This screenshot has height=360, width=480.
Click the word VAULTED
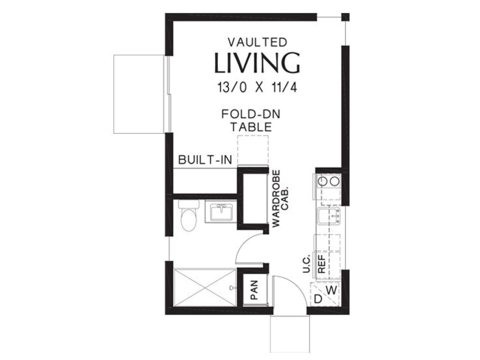257,43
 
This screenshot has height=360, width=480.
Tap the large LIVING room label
257,63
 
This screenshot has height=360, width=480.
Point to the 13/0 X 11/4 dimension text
257,87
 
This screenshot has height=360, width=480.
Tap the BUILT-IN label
205,160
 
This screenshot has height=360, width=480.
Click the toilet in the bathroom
188,215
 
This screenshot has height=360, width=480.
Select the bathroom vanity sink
221,212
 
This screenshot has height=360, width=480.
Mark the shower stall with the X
205,288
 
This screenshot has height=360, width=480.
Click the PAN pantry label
254,290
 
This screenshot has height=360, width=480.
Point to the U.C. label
307,263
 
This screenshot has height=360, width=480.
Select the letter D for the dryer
318,299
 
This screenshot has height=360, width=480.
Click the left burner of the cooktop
322,181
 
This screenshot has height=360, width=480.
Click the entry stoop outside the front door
290,334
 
